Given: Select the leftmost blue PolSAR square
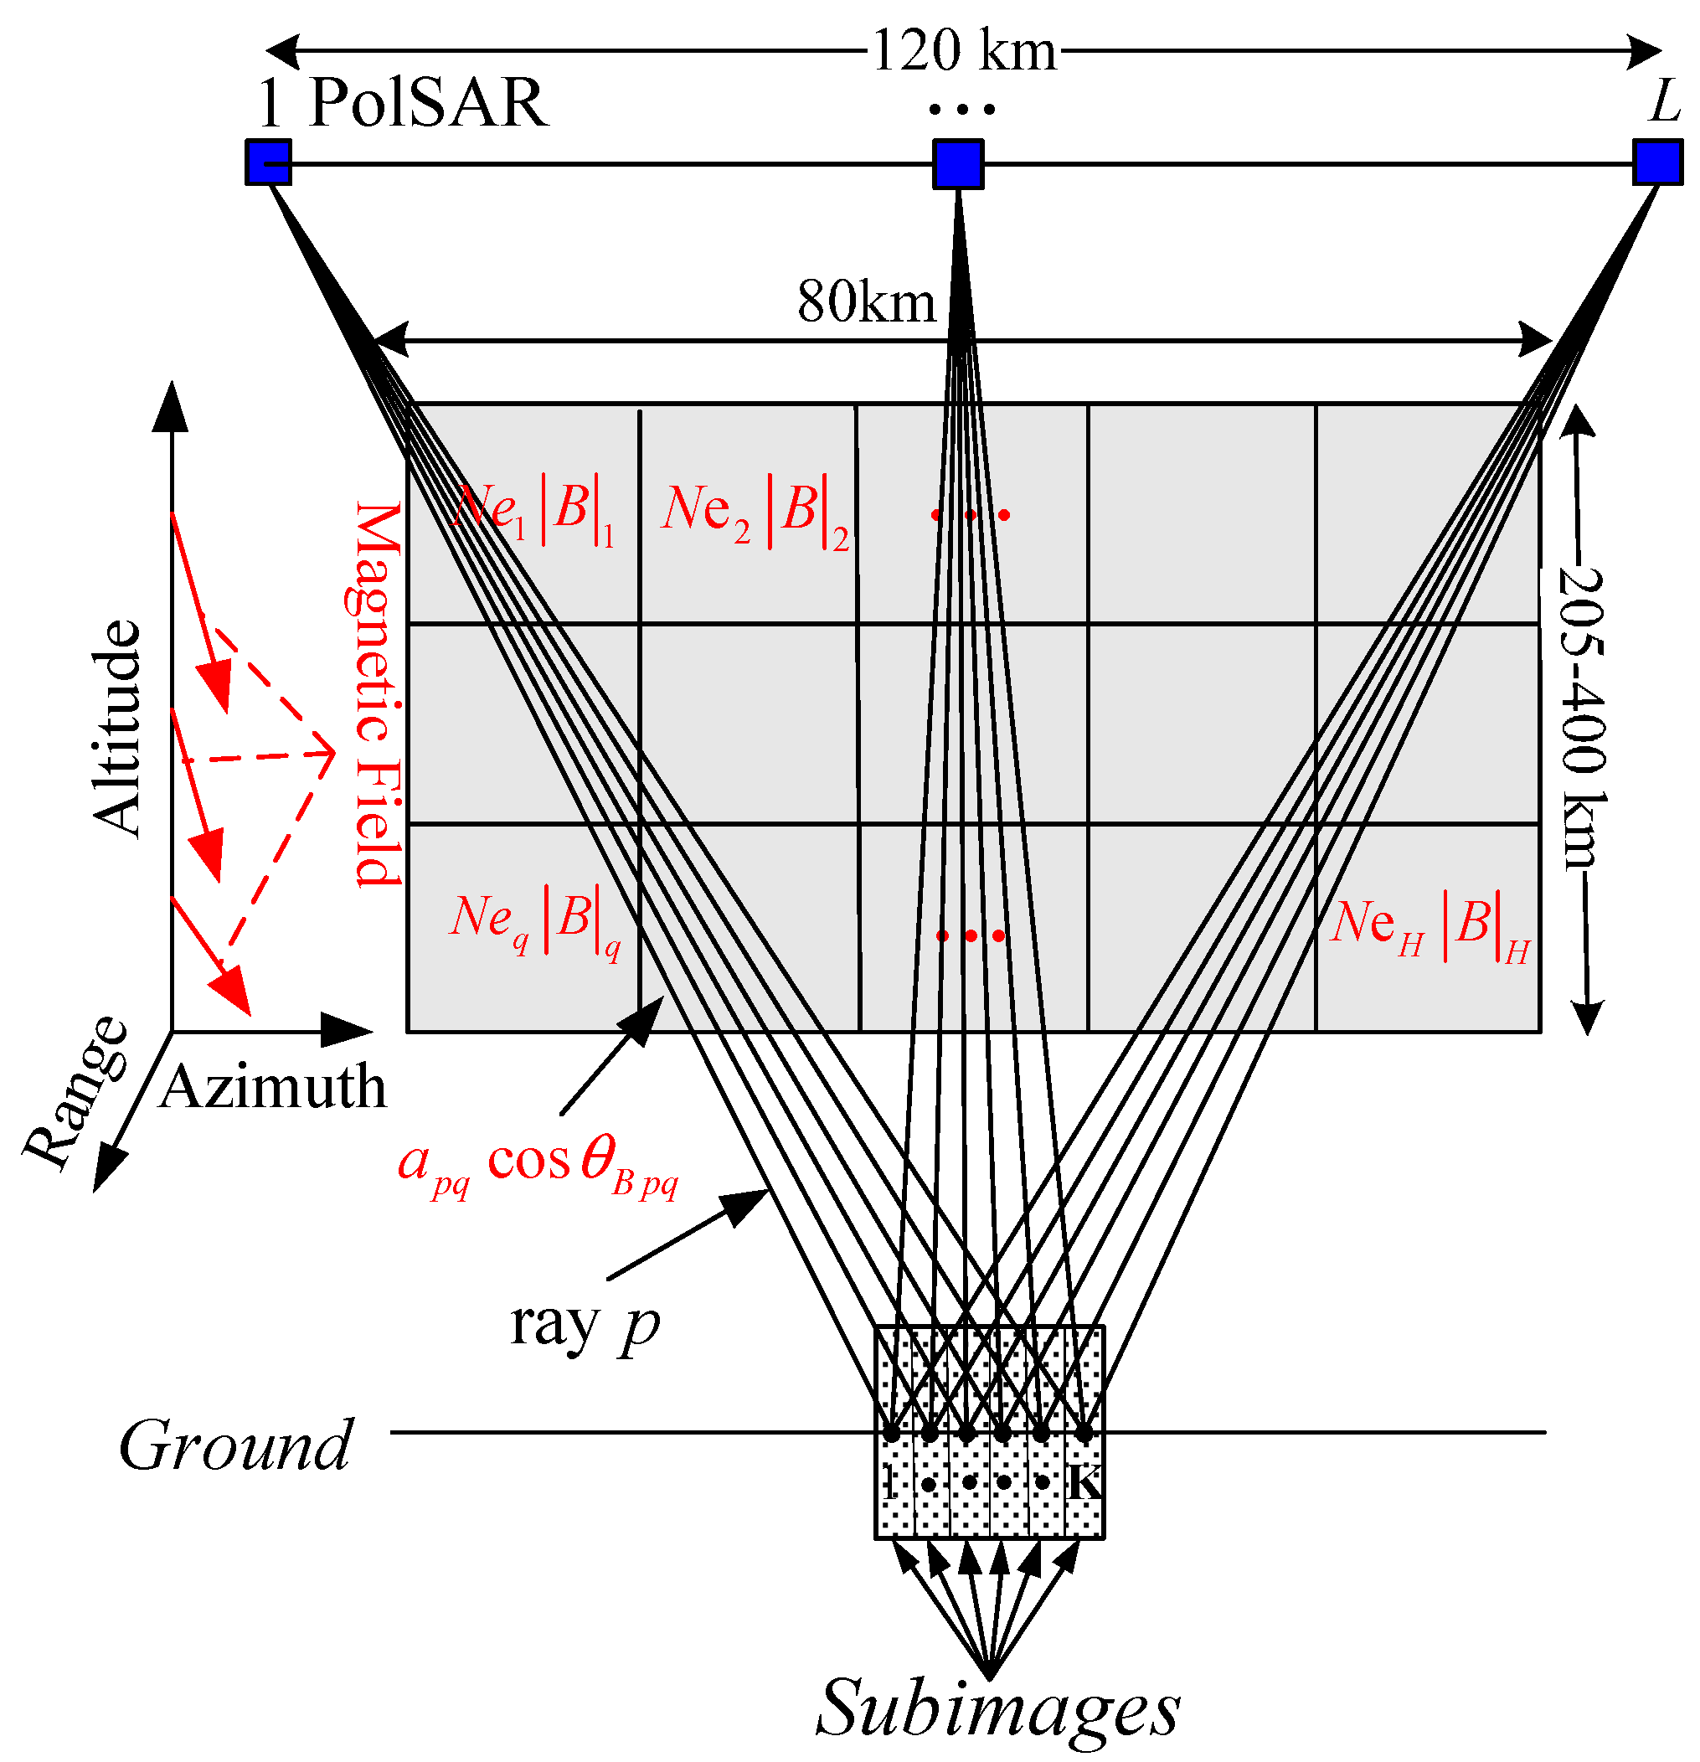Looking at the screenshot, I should (268, 162).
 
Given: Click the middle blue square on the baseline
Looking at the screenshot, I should (957, 163).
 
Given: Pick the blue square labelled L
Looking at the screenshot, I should (1656, 162).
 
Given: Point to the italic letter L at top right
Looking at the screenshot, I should (1665, 100).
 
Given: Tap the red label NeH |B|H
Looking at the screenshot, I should (1430, 927).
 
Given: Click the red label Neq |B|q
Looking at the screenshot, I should (536, 922).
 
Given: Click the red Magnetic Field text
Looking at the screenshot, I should (376, 694).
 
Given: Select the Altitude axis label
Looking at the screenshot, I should (118, 729).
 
